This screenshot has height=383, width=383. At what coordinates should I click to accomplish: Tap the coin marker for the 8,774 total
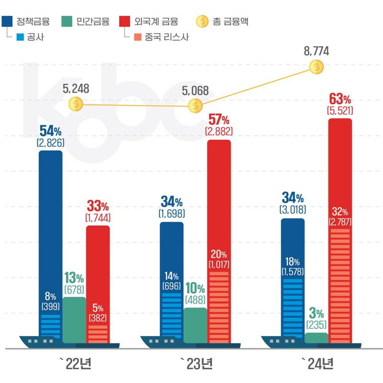click(316, 68)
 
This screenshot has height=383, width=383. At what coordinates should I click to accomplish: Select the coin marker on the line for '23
click(195, 106)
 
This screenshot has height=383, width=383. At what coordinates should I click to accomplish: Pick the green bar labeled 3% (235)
click(316, 338)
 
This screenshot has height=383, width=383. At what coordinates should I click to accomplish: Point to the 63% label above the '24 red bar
click(340, 100)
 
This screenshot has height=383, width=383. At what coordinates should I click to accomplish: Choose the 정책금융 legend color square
click(7, 21)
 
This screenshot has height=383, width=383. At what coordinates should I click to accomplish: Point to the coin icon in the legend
click(203, 21)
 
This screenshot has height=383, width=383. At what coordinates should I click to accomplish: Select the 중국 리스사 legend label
click(167, 37)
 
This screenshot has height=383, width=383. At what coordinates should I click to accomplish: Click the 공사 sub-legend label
click(36, 37)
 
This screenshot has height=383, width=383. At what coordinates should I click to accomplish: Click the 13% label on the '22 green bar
click(74, 278)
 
